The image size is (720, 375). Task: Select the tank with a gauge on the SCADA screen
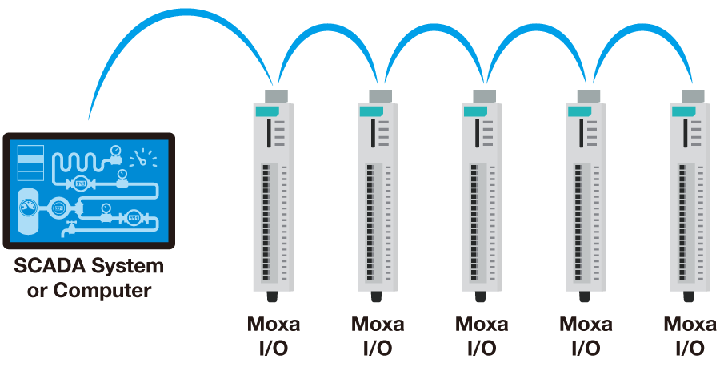[28, 210]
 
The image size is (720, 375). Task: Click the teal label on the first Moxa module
[263, 111]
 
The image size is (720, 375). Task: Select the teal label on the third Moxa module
[473, 111]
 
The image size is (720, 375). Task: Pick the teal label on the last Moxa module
[682, 111]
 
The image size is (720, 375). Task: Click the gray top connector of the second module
[379, 96]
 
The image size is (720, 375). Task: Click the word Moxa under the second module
[378, 325]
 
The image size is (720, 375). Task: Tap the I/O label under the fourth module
[586, 349]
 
